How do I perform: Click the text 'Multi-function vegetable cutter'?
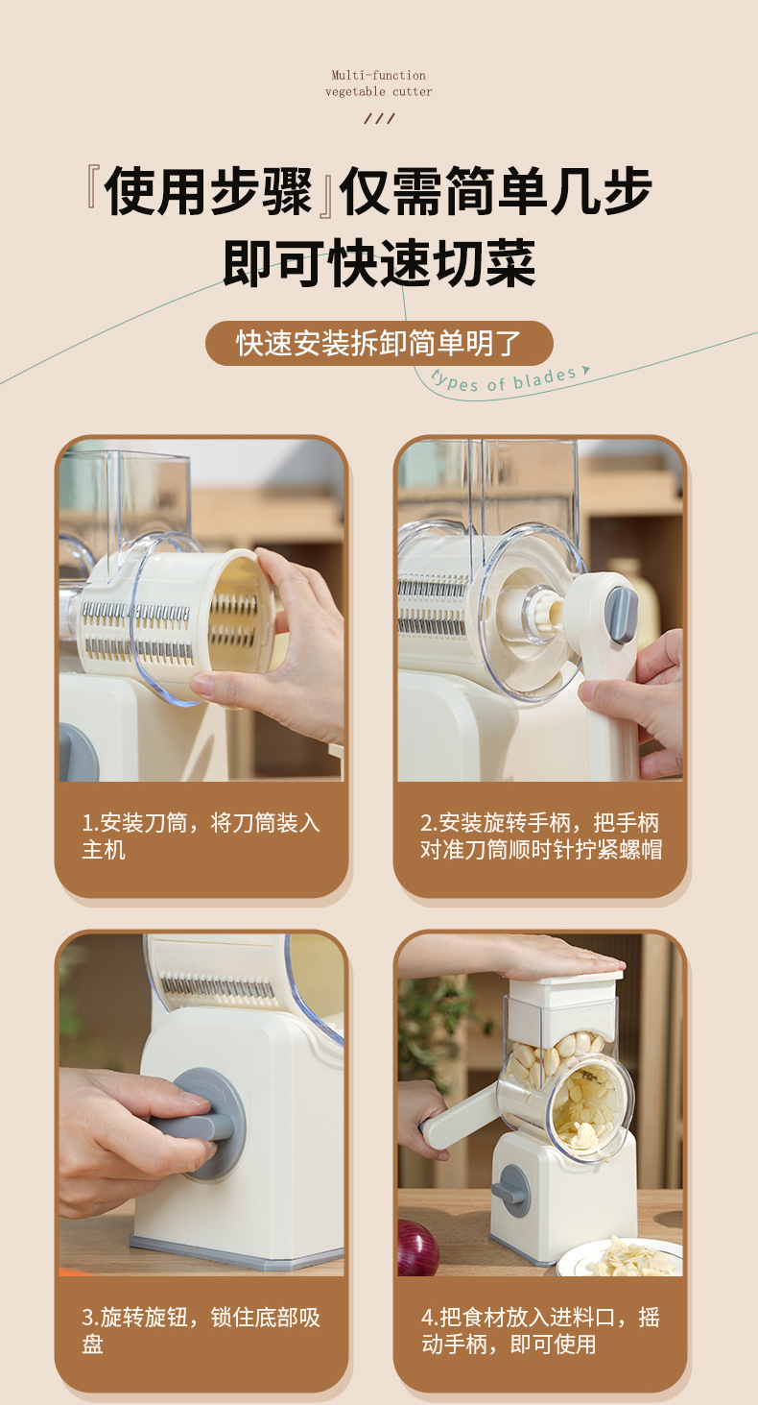click(x=379, y=84)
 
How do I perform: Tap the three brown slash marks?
click(x=380, y=119)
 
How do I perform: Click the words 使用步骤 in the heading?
click(x=209, y=192)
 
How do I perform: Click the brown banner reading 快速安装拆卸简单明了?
click(x=379, y=343)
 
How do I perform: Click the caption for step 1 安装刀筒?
click(x=201, y=836)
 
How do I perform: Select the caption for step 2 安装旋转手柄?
click(x=540, y=836)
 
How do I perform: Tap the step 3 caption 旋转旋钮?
click(x=201, y=1330)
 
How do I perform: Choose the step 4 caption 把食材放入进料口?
click(x=540, y=1330)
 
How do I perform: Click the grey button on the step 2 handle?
click(x=622, y=615)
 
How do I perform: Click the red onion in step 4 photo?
click(x=416, y=1249)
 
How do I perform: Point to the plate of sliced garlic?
click(x=624, y=1258)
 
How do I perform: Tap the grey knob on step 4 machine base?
click(x=511, y=1191)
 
